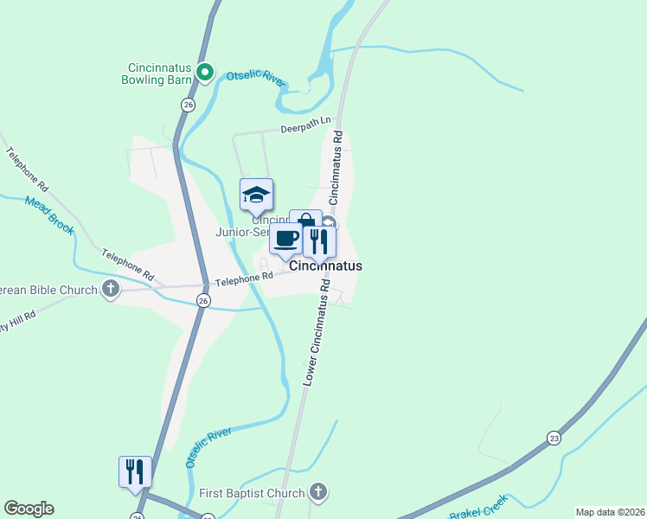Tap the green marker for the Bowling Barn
[204, 73]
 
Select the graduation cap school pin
[256, 195]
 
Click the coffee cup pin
[286, 238]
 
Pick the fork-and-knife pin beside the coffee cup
[319, 241]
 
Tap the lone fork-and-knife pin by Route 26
[135, 472]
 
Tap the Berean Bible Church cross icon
[111, 290]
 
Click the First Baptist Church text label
[252, 493]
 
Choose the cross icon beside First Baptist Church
[318, 493]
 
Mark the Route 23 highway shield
[554, 439]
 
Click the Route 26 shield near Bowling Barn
[188, 104]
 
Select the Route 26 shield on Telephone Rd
[202, 300]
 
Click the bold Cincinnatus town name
[325, 266]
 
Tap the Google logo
[29, 509]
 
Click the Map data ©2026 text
[609, 512]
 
